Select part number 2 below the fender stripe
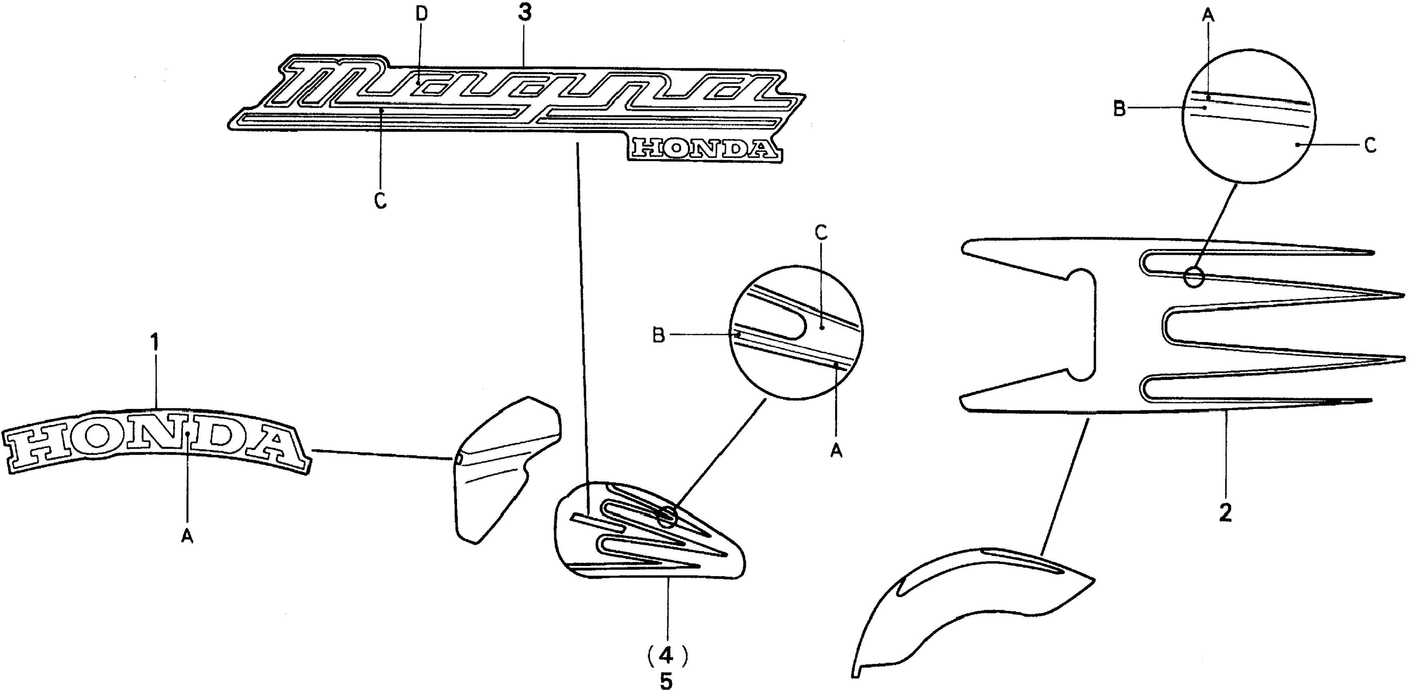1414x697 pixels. (1225, 513)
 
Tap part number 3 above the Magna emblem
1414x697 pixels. (525, 13)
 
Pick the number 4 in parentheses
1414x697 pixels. (666, 655)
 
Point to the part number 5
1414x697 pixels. (666, 681)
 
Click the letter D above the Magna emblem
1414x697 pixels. (421, 15)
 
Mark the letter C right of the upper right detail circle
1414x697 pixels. (1370, 146)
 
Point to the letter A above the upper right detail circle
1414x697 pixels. (1208, 16)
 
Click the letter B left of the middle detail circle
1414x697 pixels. (658, 335)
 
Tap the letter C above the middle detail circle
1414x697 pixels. (821, 233)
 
